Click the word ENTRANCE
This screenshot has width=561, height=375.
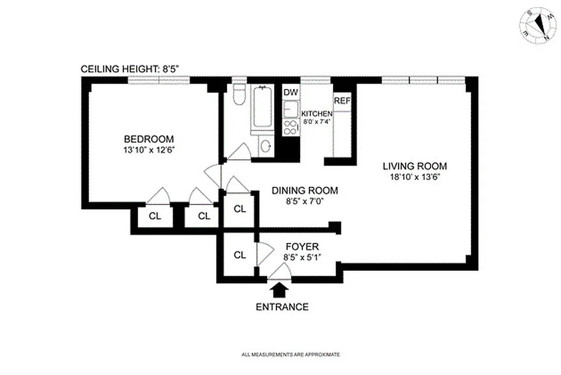(282, 307)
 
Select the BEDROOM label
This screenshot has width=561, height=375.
(149, 139)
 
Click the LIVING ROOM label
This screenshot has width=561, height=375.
(415, 166)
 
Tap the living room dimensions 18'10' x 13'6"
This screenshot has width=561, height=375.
(415, 177)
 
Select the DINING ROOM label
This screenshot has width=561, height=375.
(305, 191)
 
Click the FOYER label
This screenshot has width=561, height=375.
(302, 247)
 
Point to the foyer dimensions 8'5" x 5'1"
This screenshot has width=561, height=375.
(302, 257)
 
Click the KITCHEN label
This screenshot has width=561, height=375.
(317, 114)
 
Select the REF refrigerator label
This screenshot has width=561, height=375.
(342, 100)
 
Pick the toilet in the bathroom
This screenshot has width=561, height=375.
(239, 96)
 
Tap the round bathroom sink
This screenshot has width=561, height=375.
(266, 147)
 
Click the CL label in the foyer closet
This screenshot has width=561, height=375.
(239, 255)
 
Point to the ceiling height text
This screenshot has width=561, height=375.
(130, 69)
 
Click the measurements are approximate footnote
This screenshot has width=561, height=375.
(291, 354)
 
